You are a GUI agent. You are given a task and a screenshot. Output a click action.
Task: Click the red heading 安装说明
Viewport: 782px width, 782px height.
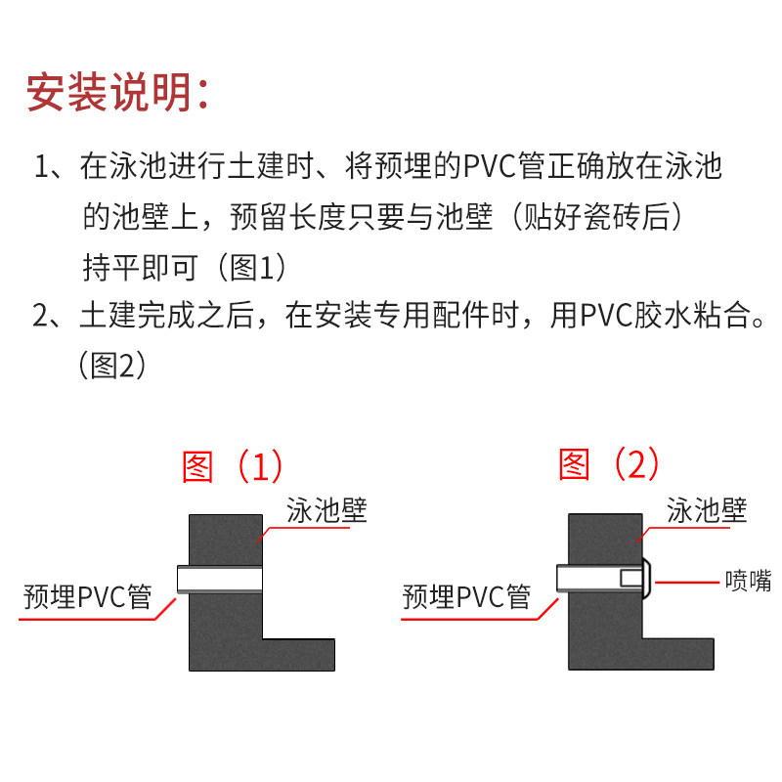[x=117, y=94]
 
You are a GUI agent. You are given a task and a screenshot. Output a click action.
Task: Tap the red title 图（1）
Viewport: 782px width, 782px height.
[x=232, y=466]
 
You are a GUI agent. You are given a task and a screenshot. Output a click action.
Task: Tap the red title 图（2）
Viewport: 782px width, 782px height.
[x=609, y=463]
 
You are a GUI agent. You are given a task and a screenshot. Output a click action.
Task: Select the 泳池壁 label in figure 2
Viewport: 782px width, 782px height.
[x=706, y=509]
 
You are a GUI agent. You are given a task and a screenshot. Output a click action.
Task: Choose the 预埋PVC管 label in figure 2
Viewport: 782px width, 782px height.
[x=466, y=595]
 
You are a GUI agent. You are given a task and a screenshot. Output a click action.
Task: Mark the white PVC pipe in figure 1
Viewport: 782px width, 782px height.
[x=220, y=580]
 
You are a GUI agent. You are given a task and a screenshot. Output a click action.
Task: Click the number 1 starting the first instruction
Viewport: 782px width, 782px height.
[x=41, y=167]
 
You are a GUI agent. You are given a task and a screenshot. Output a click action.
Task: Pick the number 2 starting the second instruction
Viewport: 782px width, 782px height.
[x=41, y=316]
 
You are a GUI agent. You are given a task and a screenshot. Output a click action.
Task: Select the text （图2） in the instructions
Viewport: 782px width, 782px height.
[x=111, y=366]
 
